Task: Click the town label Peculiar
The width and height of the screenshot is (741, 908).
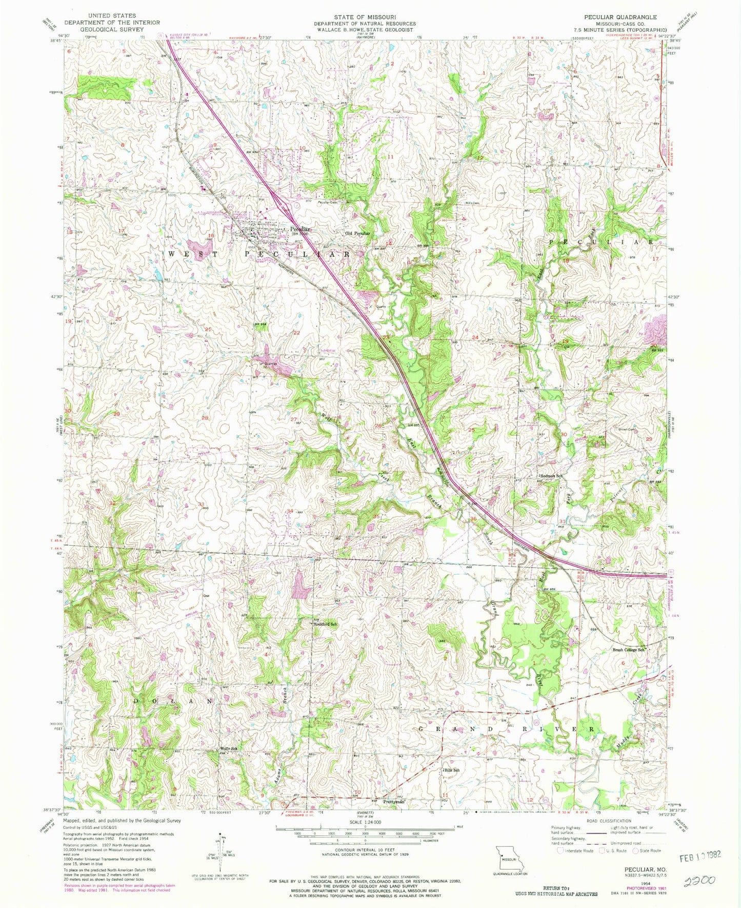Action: tap(300, 229)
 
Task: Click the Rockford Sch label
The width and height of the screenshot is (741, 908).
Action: tap(325, 624)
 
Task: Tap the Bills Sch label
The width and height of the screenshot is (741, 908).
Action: tap(451, 770)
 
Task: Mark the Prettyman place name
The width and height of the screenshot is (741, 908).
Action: tap(394, 802)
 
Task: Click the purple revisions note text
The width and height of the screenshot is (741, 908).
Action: tap(118, 887)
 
